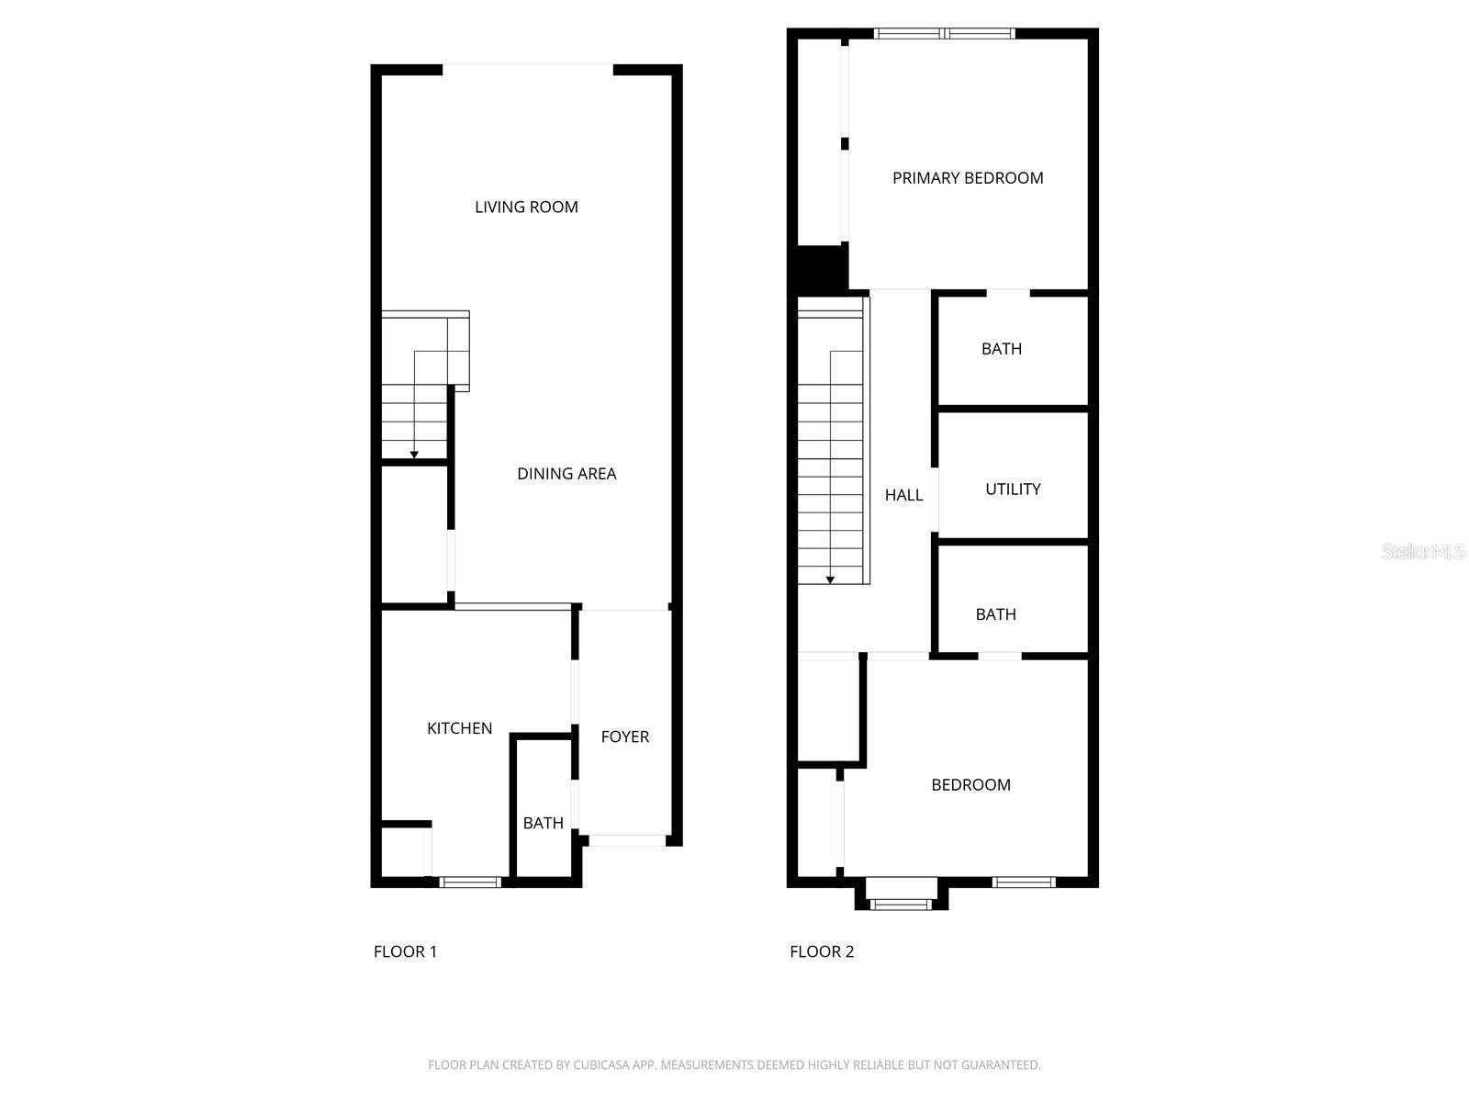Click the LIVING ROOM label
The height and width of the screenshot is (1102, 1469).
pyautogui.click(x=526, y=207)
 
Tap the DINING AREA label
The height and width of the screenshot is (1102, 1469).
pyautogui.click(x=566, y=474)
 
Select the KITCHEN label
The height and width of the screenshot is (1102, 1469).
pyautogui.click(x=459, y=728)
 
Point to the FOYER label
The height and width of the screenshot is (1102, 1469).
pyautogui.click(x=624, y=737)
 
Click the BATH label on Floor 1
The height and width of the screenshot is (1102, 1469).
pyautogui.click(x=543, y=823)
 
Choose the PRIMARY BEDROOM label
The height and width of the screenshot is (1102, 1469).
pyautogui.click(x=968, y=178)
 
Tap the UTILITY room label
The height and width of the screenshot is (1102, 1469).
pyautogui.click(x=1013, y=489)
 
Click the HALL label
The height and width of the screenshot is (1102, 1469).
pyautogui.click(x=903, y=495)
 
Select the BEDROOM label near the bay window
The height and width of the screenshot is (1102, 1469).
pyautogui.click(x=970, y=785)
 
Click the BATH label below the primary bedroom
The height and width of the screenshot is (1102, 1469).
pyautogui.click(x=1001, y=349)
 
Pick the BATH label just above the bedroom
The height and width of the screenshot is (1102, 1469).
pyautogui.click(x=995, y=614)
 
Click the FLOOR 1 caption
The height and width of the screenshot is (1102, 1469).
pyautogui.click(x=405, y=951)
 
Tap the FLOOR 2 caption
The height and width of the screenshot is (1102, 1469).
pyautogui.click(x=822, y=951)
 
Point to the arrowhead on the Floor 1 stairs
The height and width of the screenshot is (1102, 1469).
pyautogui.click(x=414, y=455)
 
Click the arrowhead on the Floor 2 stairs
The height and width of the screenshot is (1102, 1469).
pyautogui.click(x=830, y=579)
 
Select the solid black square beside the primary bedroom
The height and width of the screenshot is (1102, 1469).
pyautogui.click(x=820, y=268)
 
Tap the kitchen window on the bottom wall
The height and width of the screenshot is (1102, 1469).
pyautogui.click(x=470, y=883)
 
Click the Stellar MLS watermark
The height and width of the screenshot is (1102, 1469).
pyautogui.click(x=1422, y=551)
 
